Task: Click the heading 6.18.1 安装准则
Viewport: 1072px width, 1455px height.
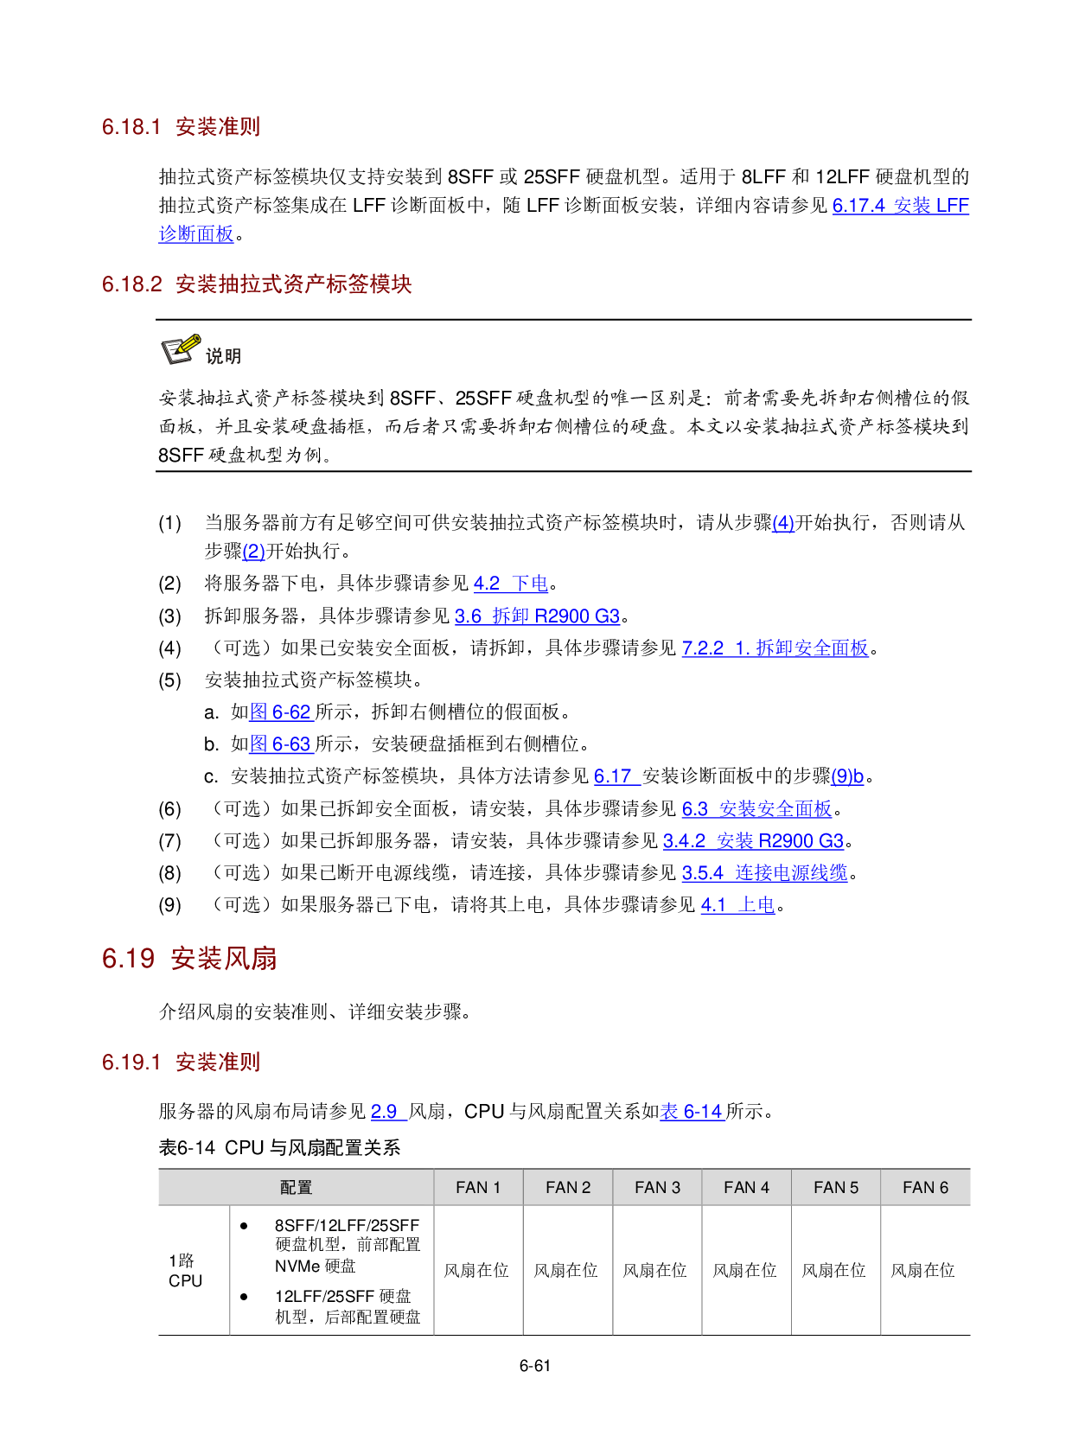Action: [181, 127]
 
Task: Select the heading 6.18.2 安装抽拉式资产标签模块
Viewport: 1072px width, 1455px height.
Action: [256, 284]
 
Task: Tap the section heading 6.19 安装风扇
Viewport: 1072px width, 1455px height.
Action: [189, 959]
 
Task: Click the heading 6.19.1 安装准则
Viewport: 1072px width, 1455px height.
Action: [181, 1063]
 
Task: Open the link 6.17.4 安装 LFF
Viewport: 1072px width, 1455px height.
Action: [900, 206]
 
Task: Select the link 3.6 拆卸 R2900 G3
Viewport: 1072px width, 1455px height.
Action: [537, 616]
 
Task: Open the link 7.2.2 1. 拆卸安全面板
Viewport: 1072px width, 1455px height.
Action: [775, 648]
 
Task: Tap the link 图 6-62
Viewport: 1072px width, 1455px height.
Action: [281, 712]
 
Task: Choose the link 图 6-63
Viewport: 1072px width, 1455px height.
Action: [281, 744]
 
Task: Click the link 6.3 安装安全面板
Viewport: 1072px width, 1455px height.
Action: [756, 809]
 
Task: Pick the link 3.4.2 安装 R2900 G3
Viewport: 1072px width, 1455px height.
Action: [753, 841]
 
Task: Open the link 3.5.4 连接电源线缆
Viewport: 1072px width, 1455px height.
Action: [764, 873]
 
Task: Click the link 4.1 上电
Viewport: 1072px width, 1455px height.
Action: [737, 905]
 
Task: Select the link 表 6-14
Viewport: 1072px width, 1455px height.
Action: [692, 1112]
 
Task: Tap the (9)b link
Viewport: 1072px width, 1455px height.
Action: [847, 776]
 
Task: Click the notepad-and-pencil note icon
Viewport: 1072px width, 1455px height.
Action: [182, 349]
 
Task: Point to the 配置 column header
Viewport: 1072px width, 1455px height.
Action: [296, 1188]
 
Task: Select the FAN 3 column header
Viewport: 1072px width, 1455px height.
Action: [657, 1188]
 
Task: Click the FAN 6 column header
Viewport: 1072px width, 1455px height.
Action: [925, 1188]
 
